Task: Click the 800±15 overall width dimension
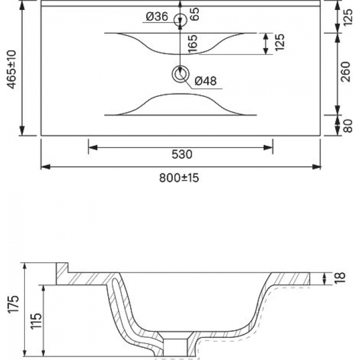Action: pos(179,178)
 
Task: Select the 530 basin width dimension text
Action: pos(182,155)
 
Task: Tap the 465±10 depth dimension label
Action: pos(12,70)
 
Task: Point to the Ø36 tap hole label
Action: pos(157,17)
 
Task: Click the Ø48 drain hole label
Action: pos(205,81)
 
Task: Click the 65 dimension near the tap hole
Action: pos(195,14)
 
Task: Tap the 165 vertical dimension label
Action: pos(192,44)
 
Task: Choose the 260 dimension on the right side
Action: pos(346,71)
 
